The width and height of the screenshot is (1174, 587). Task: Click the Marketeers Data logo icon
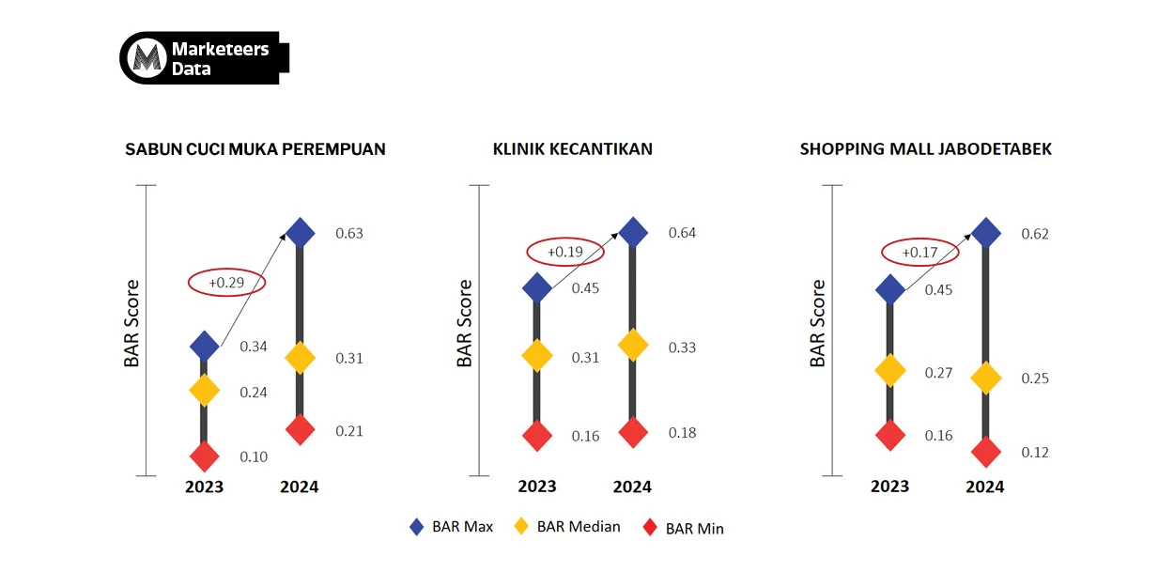point(145,58)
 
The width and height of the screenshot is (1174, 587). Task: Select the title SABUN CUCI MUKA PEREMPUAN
point(255,149)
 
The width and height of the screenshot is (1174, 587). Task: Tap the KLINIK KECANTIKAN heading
point(573,149)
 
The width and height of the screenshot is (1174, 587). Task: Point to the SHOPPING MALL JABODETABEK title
point(926,149)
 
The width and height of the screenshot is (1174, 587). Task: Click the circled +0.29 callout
point(227,282)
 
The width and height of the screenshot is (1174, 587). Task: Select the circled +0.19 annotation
point(564,252)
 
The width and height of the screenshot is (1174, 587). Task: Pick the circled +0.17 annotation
point(919,252)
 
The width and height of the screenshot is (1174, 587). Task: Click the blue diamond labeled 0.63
point(300,232)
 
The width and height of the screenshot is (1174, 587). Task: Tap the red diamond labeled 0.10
point(204,456)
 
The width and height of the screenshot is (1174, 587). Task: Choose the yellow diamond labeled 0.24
point(204,390)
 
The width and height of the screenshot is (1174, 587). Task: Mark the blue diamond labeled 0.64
point(633,232)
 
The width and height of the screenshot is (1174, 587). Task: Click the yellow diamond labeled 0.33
point(633,345)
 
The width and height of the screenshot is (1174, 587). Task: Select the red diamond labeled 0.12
point(985,452)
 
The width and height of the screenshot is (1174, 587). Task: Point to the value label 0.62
point(1035,234)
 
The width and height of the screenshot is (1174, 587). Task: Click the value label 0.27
point(938,373)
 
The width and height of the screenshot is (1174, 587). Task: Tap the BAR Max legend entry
point(452,527)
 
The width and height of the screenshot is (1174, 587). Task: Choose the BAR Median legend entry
point(567,527)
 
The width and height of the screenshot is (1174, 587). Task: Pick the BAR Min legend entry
point(684,529)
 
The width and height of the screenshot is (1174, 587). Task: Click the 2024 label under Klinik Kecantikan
point(632,487)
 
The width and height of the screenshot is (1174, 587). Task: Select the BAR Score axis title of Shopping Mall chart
point(818,323)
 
